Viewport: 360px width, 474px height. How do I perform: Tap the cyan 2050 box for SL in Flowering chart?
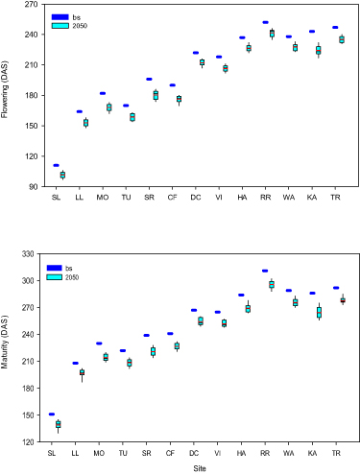62,175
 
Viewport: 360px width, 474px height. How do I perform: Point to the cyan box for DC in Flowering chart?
202,62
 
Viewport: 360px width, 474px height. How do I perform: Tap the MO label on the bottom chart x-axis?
99,452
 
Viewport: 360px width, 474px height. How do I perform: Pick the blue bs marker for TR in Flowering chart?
335,27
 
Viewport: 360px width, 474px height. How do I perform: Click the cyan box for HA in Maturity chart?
248,309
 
